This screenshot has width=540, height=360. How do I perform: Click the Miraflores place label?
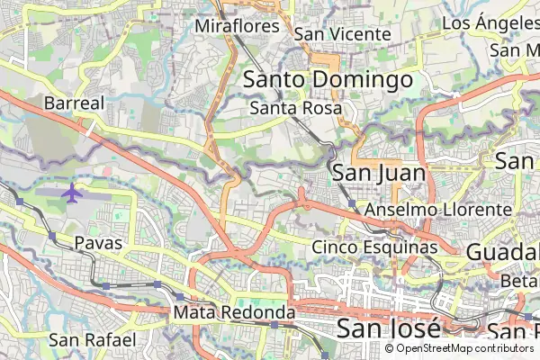(238, 26)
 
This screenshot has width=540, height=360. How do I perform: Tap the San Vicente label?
(343, 34)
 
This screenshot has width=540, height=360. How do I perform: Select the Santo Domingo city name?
(328, 80)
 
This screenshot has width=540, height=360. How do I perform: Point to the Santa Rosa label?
(296, 109)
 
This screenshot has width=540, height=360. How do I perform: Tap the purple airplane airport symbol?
(71, 192)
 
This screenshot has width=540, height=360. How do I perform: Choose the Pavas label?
(98, 243)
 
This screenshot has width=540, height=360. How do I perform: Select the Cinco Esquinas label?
(374, 247)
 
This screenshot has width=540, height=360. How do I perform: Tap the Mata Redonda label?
(235, 312)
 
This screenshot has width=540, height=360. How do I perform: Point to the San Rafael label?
(92, 339)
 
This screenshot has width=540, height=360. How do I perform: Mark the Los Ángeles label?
(490, 22)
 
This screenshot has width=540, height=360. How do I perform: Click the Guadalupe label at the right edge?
(502, 252)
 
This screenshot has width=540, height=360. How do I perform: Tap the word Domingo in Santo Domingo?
(364, 80)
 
